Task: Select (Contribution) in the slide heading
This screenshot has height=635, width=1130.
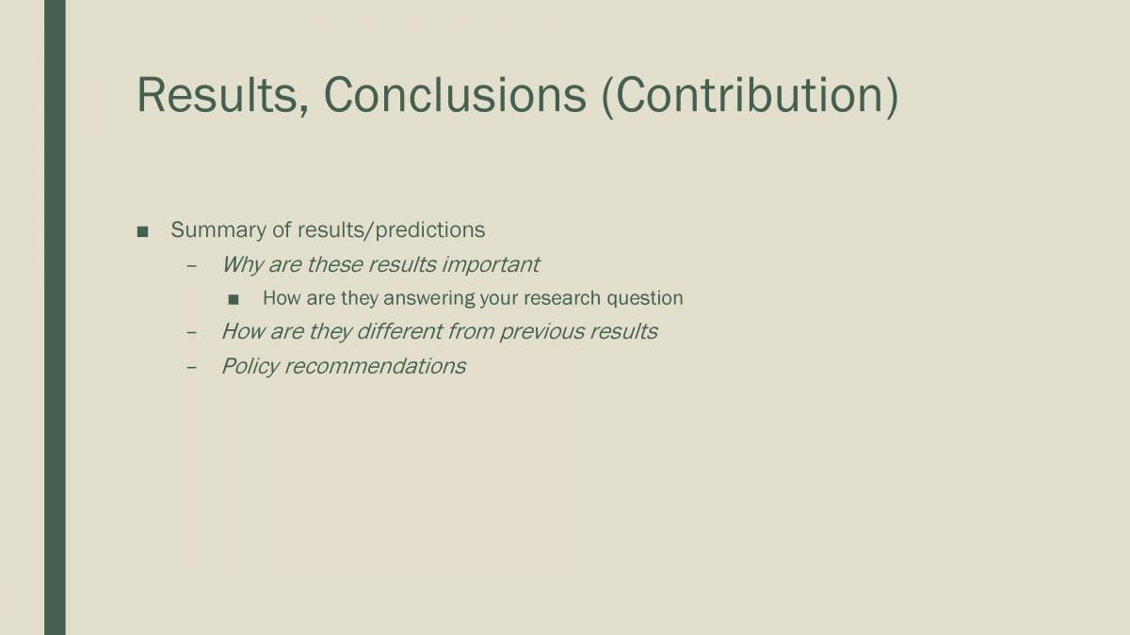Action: [x=750, y=95]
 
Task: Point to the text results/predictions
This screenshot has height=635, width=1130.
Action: [x=391, y=230]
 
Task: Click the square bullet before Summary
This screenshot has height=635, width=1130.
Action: [x=142, y=231]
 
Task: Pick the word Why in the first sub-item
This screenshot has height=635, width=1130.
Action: [x=242, y=264]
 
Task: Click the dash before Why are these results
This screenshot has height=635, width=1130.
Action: [x=192, y=265]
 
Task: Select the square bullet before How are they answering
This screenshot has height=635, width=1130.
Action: [x=234, y=299]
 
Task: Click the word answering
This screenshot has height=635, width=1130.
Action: [x=429, y=298]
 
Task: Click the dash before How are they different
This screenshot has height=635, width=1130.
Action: [x=192, y=332]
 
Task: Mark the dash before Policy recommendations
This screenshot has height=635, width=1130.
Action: [x=192, y=367]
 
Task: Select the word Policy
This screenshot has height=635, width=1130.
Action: [x=249, y=366]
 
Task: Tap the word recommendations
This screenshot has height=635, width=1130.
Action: [x=375, y=366]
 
